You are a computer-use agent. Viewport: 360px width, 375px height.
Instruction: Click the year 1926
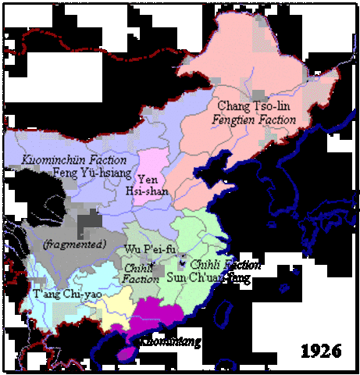point(321,349)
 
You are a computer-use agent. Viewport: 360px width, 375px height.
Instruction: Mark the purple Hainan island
point(126,353)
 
